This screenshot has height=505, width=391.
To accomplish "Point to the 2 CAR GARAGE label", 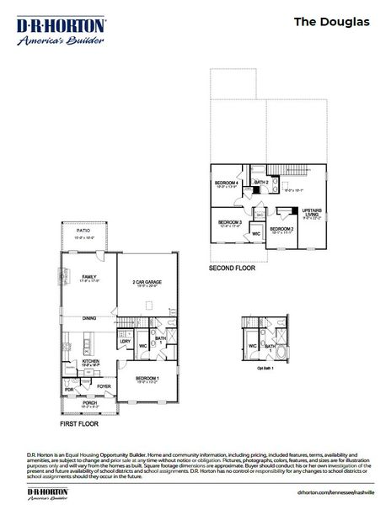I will coord(147,282).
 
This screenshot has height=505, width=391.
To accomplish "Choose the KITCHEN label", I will coord(91,361).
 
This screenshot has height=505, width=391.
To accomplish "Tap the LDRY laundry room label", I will coord(124,341).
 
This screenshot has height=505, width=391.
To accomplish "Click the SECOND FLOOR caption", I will coord(233,270).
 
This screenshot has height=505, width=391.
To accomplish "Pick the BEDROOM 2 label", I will coord(281,229).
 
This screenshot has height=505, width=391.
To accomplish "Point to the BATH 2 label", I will coord(261,182).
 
